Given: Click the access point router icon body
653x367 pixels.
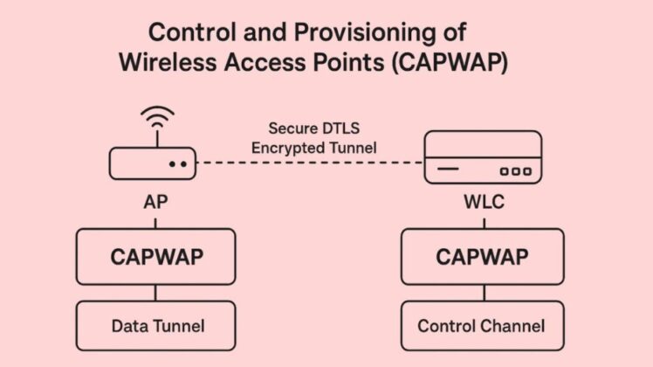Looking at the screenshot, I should coord(152,163).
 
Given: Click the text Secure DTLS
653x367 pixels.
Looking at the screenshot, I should coord(313,128).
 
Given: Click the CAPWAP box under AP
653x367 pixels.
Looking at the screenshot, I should coord(156,257).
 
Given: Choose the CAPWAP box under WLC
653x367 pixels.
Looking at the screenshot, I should coord(480,257).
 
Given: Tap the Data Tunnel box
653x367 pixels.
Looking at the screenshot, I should coord(156,326).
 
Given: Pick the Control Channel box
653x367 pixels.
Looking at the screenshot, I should coord(480,326).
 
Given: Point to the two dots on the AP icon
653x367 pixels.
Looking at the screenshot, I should coord(178,163).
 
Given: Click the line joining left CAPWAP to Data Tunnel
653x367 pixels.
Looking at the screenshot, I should coord(156,293).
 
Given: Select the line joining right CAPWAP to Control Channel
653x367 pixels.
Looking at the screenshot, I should coord(480,293).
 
